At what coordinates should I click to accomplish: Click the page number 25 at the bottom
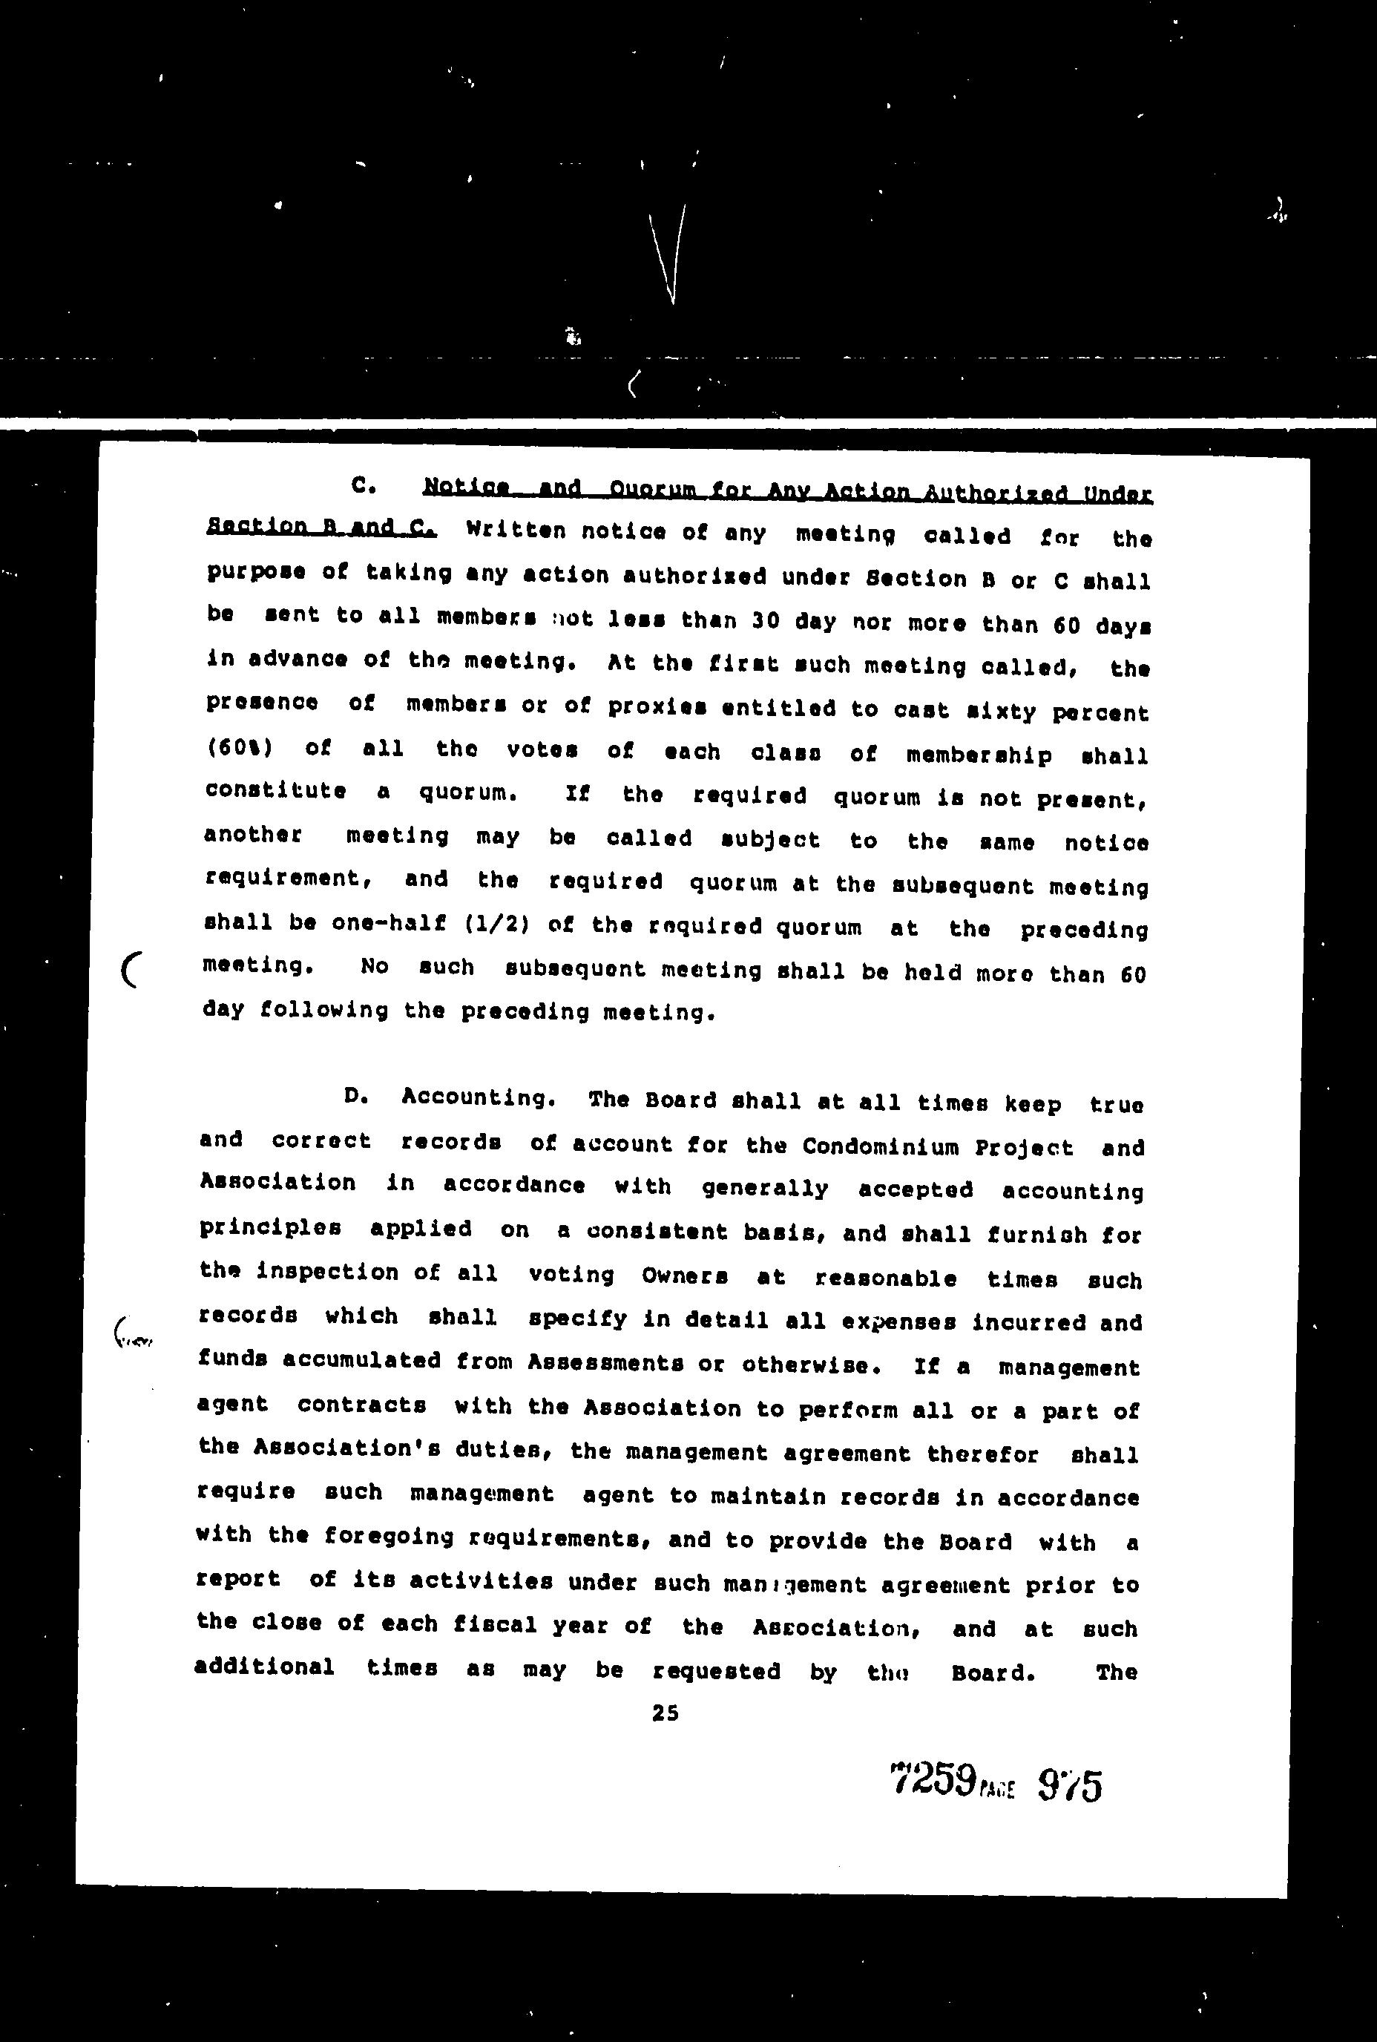click(x=665, y=1713)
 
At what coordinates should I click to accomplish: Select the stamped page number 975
click(x=1069, y=1785)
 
